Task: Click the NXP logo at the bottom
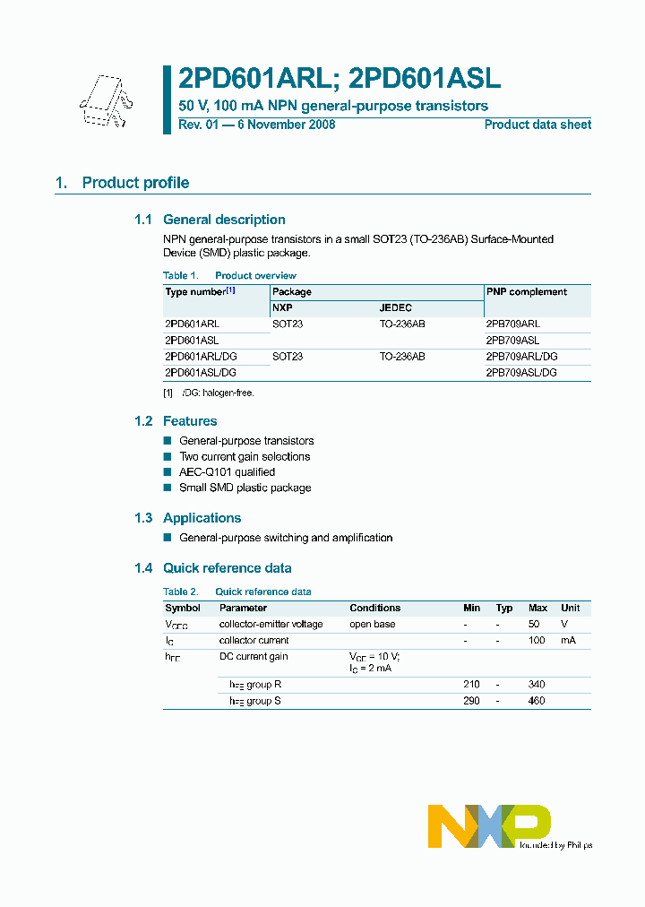tap(489, 825)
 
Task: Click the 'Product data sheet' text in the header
tap(537, 125)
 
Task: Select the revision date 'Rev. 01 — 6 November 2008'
tap(256, 125)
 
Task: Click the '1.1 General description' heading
tap(210, 220)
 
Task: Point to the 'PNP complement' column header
tap(526, 291)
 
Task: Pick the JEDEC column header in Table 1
tap(395, 307)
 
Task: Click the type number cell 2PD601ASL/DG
tap(201, 372)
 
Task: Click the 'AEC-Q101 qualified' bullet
tap(227, 472)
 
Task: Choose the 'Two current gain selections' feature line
tap(245, 456)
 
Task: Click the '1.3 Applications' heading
tap(202, 518)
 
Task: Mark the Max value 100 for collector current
tap(537, 640)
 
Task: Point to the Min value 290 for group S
tap(471, 700)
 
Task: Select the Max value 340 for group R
tap(537, 684)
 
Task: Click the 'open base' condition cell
tap(372, 624)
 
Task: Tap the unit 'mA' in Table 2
tap(569, 640)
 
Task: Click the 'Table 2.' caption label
tap(181, 592)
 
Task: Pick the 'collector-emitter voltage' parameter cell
tap(271, 624)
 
